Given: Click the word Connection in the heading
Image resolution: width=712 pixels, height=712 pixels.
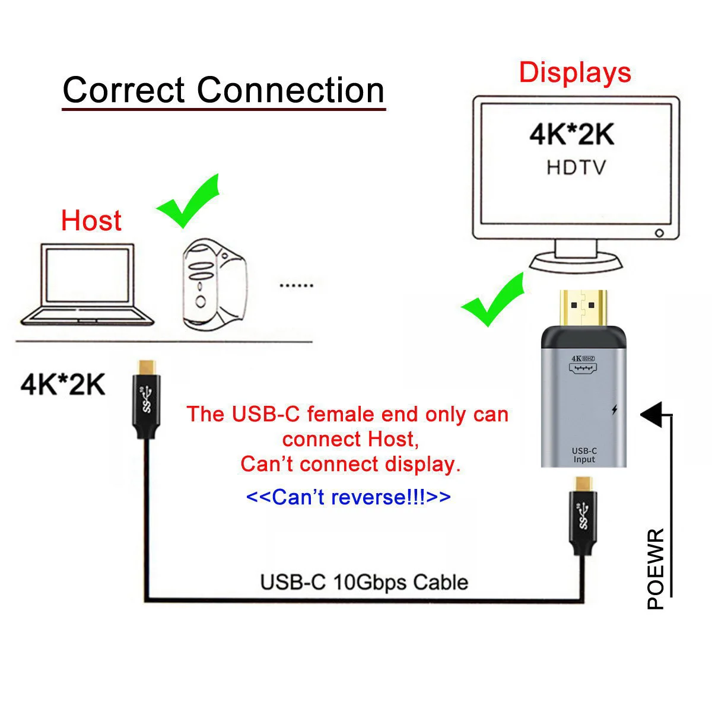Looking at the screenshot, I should coord(291,90).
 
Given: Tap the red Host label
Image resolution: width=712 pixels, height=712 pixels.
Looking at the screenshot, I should coord(91,221).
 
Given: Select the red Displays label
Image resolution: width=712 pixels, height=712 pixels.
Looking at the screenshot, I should coord(574,72).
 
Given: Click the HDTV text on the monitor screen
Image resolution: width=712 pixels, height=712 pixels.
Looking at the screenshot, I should coord(576,167).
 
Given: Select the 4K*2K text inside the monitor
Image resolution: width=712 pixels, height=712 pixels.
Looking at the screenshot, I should coord(572,135).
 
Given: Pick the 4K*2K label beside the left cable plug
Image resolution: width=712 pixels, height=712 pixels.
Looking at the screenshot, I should coord(62,384).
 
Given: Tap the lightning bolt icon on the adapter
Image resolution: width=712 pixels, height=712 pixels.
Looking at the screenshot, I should coord(614,409).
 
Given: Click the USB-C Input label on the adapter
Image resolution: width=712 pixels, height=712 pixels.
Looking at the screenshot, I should coord(584,455).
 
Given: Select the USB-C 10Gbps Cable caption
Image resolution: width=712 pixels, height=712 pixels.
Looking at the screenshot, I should coord(364,582).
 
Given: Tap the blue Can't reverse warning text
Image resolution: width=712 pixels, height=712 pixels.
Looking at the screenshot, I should coord(348,497).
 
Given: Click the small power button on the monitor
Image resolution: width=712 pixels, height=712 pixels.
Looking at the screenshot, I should coord(659,233).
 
